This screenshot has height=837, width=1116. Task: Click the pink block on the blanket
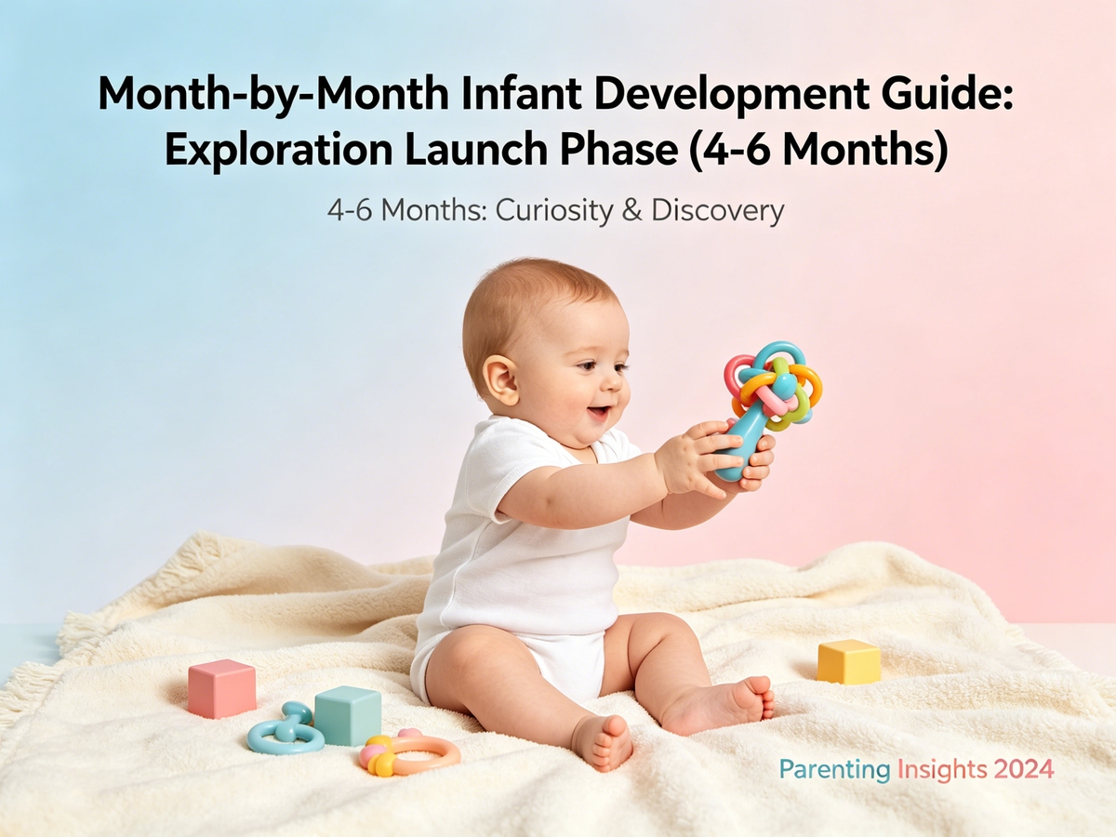221,688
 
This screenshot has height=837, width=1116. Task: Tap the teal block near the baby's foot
348,715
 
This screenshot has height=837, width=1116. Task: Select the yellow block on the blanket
848,661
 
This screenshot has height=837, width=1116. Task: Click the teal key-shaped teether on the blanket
285,730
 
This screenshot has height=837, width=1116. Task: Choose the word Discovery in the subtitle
717,211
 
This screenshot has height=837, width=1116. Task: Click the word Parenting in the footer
833,770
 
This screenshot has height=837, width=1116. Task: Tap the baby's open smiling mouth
597,412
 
